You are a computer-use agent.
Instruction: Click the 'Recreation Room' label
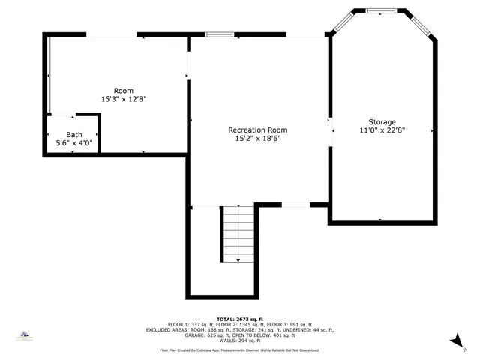pos(257,130)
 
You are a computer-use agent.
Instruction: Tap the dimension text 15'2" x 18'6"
pos(257,139)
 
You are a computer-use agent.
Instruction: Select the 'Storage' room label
pos(382,122)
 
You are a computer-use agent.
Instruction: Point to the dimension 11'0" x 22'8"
pos(382,130)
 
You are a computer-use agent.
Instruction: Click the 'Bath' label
pos(73,134)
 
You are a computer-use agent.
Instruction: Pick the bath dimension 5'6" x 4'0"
pos(73,142)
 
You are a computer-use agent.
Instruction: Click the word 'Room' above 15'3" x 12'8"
pos(123,91)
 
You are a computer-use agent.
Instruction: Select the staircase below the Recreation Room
pos(238,234)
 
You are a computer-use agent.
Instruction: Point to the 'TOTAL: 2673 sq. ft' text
pos(239,318)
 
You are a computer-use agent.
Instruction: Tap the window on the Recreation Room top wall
pos(220,34)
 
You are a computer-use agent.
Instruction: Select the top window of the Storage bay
pos(382,11)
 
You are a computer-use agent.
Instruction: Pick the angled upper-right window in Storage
pos(421,22)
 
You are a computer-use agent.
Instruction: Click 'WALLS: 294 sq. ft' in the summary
pos(239,340)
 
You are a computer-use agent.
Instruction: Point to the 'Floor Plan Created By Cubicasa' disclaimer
pos(239,350)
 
